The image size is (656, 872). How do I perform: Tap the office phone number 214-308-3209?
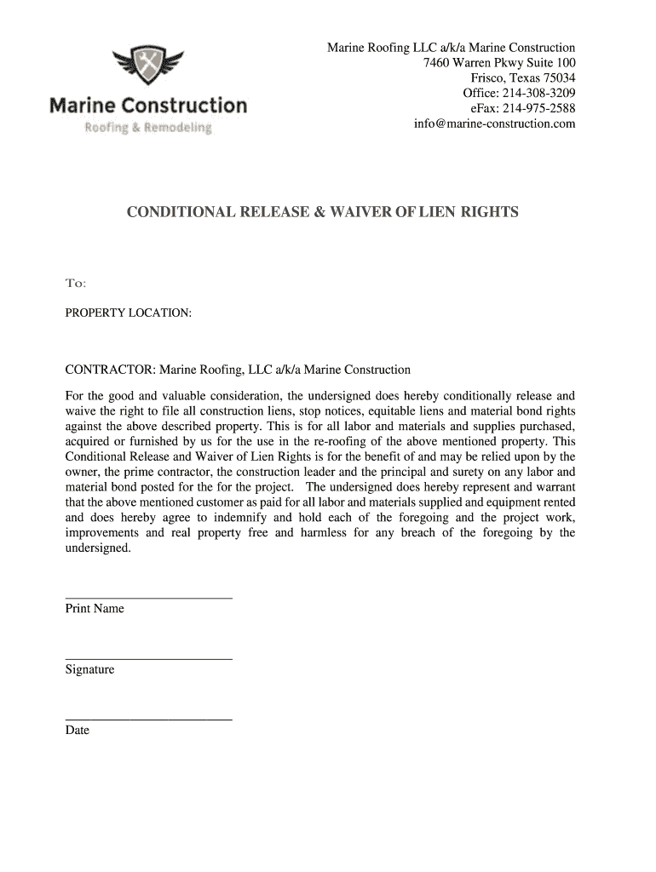click(538, 93)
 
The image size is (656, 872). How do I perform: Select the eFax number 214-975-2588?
click(538, 108)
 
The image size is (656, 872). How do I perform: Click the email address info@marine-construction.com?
click(494, 123)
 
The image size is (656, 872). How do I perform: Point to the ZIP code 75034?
click(558, 77)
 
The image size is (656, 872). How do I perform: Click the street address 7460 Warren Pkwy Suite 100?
click(499, 62)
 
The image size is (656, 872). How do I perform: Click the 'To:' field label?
click(76, 283)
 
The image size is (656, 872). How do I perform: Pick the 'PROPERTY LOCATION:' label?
click(129, 313)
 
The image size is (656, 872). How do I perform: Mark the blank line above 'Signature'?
click(149, 658)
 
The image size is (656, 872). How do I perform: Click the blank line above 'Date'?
click(149, 720)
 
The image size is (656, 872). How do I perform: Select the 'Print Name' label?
click(95, 608)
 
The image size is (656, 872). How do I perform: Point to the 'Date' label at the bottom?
click(78, 730)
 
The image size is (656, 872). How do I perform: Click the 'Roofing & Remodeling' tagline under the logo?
click(147, 128)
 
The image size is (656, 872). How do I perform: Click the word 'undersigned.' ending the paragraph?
click(99, 548)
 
